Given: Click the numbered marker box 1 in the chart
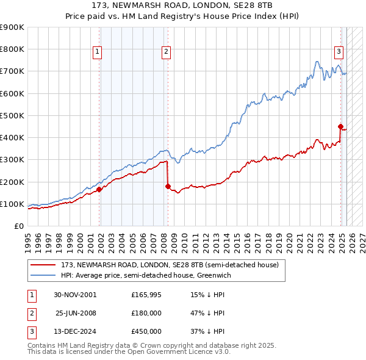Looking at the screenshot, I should [97, 52].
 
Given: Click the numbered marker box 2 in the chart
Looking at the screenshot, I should [166, 52].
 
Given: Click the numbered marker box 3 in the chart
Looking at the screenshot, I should [339, 52].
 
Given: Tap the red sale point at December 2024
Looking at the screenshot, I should [341, 126].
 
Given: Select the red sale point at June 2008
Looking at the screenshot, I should [167, 186].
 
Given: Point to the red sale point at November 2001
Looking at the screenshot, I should [99, 189].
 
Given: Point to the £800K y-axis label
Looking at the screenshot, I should [12, 49].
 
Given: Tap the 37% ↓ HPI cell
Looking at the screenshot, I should [208, 331].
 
